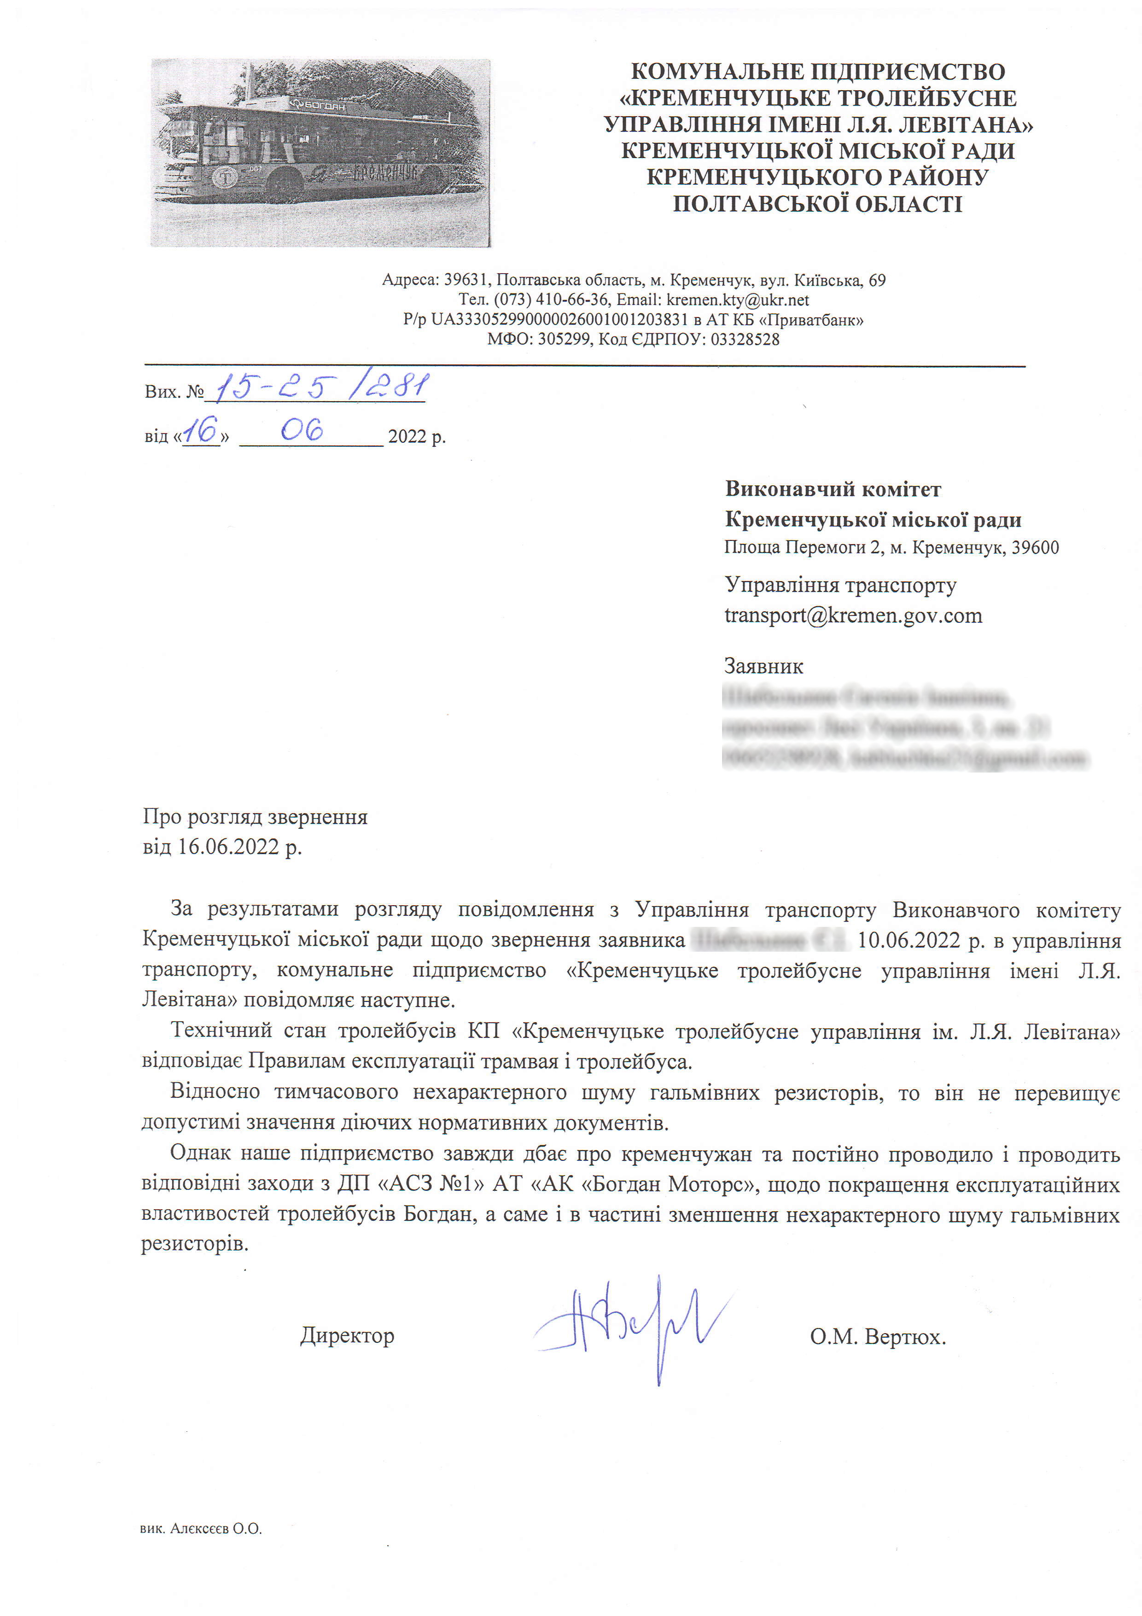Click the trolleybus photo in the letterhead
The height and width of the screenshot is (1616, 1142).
coord(320,153)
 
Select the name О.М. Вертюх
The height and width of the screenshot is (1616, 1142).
coord(877,1336)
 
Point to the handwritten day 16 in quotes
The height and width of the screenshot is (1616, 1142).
coord(200,431)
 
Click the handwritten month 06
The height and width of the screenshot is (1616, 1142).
coord(302,429)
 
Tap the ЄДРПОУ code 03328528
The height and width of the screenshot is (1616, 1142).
coord(745,339)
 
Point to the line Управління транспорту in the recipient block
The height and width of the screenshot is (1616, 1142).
coord(840,585)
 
